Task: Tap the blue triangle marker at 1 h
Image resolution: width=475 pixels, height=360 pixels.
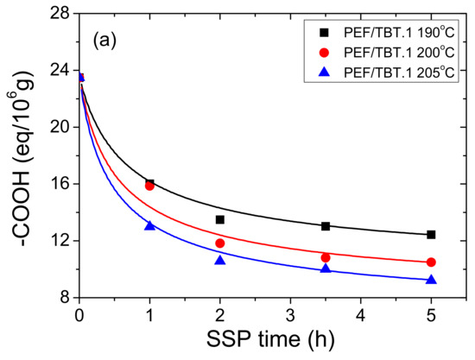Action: [149, 225]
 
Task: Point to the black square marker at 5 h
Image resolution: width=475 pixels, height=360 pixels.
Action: [431, 235]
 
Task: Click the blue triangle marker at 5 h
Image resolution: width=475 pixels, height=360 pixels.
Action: [431, 279]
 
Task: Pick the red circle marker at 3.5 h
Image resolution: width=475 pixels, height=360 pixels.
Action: [326, 257]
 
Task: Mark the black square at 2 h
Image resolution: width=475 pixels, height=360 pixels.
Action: [220, 219]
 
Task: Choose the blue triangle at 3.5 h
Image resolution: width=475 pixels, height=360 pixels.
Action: [326, 268]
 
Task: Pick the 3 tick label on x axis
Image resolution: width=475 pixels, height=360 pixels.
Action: [290, 314]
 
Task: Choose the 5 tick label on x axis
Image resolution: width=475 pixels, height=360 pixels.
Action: [431, 314]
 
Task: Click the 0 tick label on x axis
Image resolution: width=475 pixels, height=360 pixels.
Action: [79, 314]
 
